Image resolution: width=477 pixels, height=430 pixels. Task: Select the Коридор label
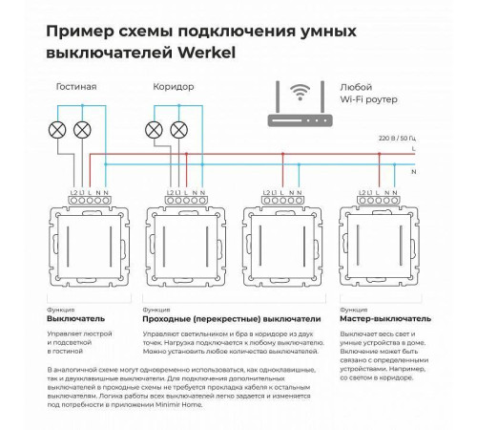coord(174,87)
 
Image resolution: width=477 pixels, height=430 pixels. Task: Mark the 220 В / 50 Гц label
coord(388,140)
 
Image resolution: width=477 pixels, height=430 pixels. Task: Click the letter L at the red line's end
coord(412,149)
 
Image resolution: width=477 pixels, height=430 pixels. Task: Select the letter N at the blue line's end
coord(412,173)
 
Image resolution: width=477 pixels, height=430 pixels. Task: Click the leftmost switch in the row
coord(88,249)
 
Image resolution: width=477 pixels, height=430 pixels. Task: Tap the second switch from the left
coord(186,249)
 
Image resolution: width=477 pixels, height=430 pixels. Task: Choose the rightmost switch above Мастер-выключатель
coord(382,249)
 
